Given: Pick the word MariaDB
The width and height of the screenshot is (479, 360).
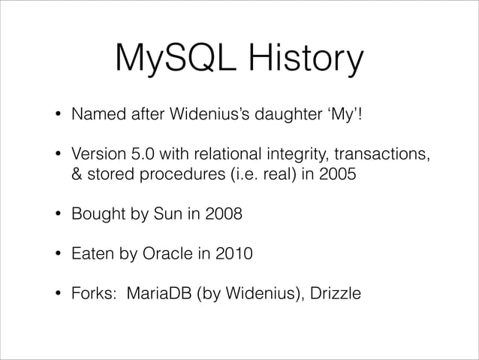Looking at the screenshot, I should (x=158, y=292).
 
